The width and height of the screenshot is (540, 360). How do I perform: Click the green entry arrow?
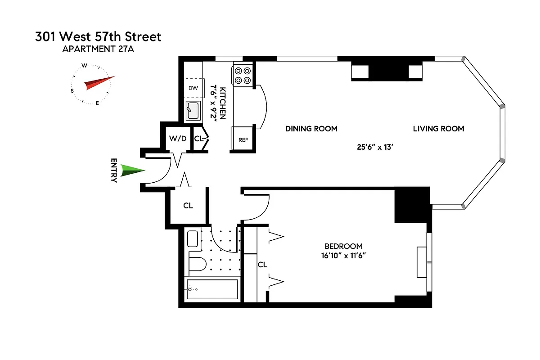click(133, 171)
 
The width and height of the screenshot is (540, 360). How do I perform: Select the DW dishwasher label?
click(193, 88)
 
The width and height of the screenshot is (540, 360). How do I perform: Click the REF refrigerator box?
click(243, 140)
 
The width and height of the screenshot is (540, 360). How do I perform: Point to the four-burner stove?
click(243, 75)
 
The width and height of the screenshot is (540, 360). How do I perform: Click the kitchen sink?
click(194, 111)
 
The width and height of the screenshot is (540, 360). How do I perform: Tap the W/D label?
click(177, 139)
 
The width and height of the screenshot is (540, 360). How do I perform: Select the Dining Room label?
click(311, 129)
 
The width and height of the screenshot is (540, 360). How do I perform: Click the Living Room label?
click(438, 129)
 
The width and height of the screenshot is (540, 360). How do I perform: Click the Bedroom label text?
click(343, 246)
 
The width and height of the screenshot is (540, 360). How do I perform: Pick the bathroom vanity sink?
click(192, 238)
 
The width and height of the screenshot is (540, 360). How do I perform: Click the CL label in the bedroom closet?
click(262, 265)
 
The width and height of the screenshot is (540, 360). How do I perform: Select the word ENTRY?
click(114, 171)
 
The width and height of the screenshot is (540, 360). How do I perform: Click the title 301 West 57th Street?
click(98, 36)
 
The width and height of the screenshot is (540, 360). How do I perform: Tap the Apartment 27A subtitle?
click(98, 49)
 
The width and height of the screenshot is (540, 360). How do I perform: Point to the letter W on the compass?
click(84, 66)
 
